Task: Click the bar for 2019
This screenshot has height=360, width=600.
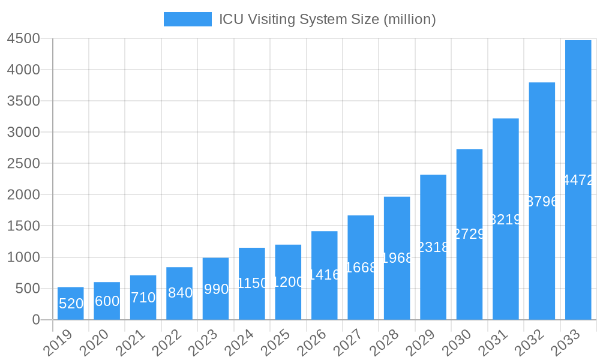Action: point(71,303)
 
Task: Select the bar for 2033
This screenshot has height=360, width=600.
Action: point(578,180)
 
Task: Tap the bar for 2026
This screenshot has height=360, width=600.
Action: point(324,275)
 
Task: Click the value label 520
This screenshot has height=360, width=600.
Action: point(71,304)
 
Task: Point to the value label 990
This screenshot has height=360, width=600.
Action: point(216,289)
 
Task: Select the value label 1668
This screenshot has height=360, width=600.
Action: point(361,268)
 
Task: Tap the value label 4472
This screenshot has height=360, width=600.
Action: point(578,180)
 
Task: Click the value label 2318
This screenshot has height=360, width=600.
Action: point(433,247)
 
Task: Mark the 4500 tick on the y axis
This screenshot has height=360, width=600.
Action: point(23,38)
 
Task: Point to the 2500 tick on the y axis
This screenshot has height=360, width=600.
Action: point(23,163)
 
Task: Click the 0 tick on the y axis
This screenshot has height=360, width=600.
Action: point(36,320)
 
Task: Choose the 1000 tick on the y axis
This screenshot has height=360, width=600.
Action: point(23,257)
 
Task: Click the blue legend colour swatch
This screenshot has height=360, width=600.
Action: point(187,19)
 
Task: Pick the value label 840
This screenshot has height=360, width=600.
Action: point(179,293)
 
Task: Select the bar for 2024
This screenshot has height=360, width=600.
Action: point(252,283)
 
